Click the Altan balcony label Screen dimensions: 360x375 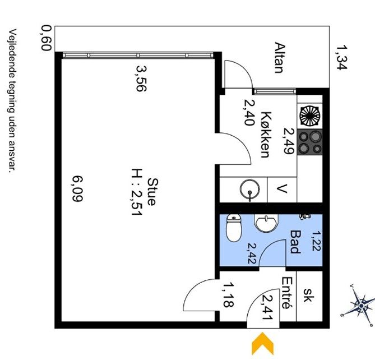[x=279, y=58]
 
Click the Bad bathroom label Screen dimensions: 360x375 [x=294, y=241]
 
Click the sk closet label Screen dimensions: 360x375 [x=308, y=296]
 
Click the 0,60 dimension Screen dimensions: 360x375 [x=47, y=38]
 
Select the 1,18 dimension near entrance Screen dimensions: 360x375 [x=228, y=295]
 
